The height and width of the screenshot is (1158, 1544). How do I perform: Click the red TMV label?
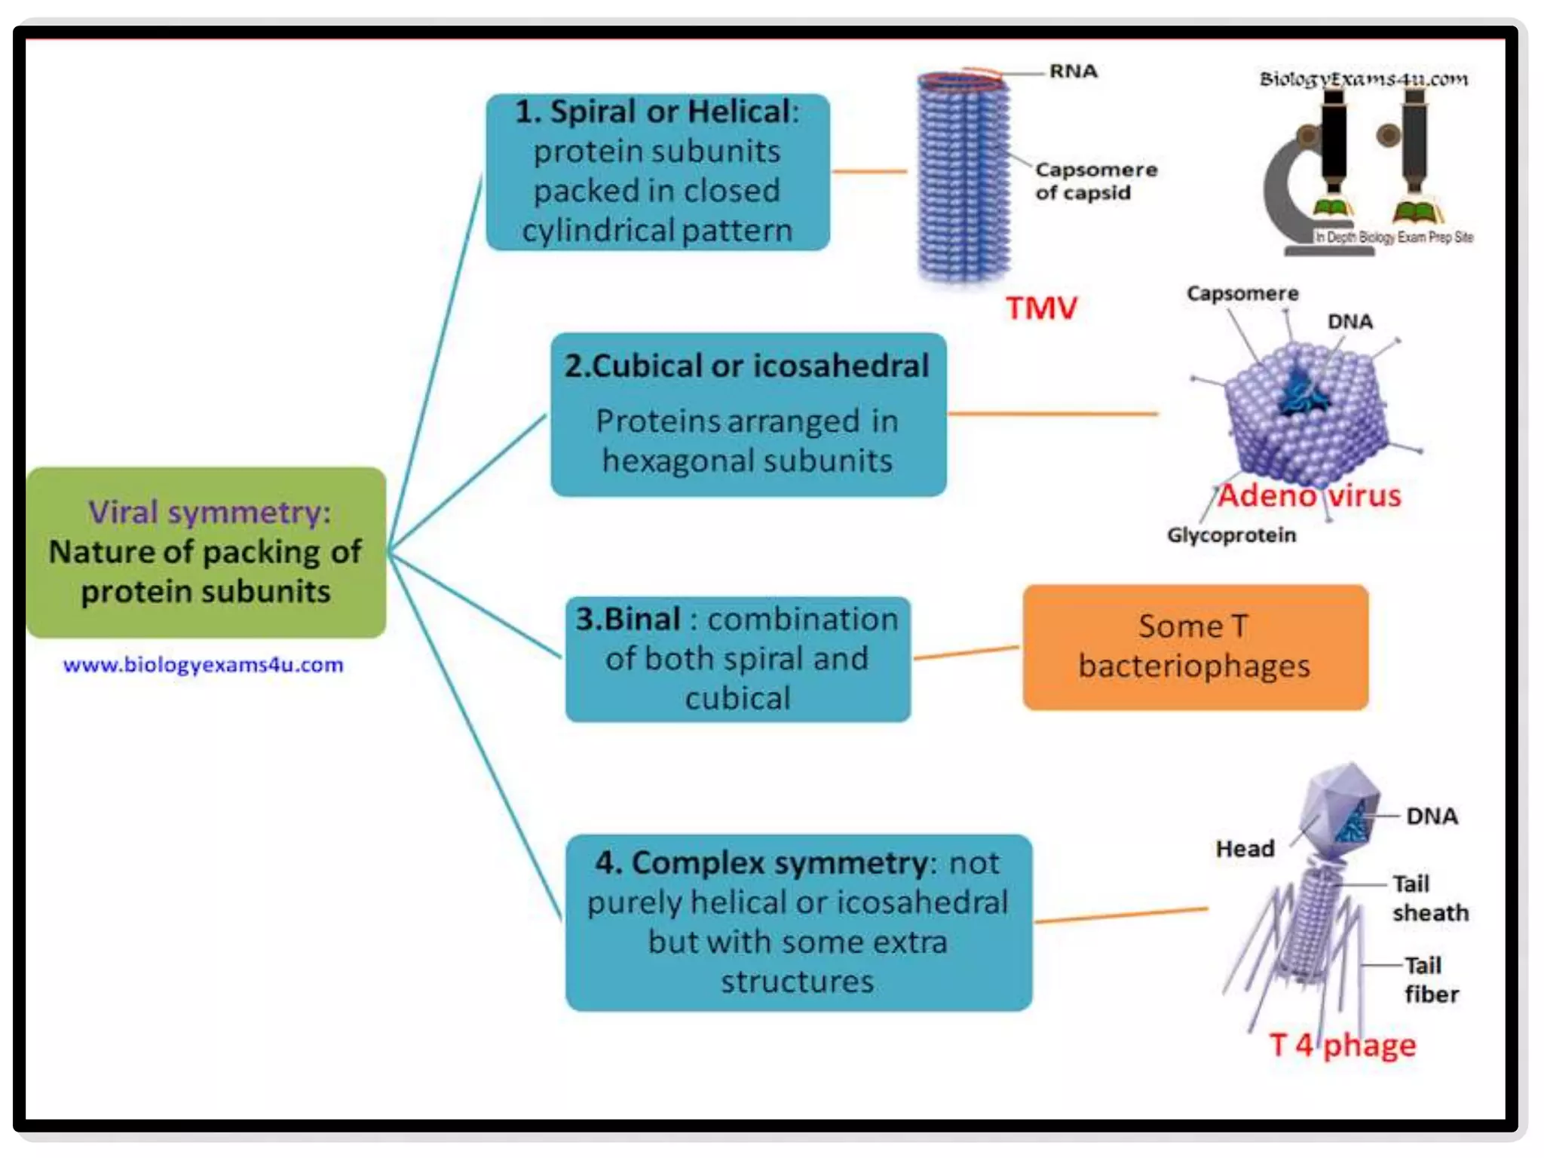pos(1041,308)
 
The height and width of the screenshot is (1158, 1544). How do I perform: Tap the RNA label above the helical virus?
pos(1073,72)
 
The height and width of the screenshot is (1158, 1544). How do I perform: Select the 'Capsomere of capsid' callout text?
pos(1095,181)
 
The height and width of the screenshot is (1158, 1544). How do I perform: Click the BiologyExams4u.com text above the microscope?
pos(1364,79)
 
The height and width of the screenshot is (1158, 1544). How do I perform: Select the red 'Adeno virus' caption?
pos(1310,496)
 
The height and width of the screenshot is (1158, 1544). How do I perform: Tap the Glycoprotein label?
pos(1231,535)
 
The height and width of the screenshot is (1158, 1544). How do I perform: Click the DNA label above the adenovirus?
pos(1349,322)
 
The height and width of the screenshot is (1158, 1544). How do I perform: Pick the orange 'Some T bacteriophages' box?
pos(1195,647)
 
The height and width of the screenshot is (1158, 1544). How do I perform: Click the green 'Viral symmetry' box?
pos(206,552)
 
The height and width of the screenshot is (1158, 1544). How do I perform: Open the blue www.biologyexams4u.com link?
pos(204,665)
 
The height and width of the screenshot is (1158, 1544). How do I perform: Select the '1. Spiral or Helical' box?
pos(657,172)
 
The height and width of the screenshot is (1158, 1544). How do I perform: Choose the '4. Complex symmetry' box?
pos(798,921)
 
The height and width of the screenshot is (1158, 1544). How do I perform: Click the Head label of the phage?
pos(1245,849)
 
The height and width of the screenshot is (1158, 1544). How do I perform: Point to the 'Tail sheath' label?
pos(1429,898)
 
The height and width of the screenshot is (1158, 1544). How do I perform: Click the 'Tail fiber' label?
pos(1429,979)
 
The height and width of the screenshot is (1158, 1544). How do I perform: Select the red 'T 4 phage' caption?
pos(1342,1045)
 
